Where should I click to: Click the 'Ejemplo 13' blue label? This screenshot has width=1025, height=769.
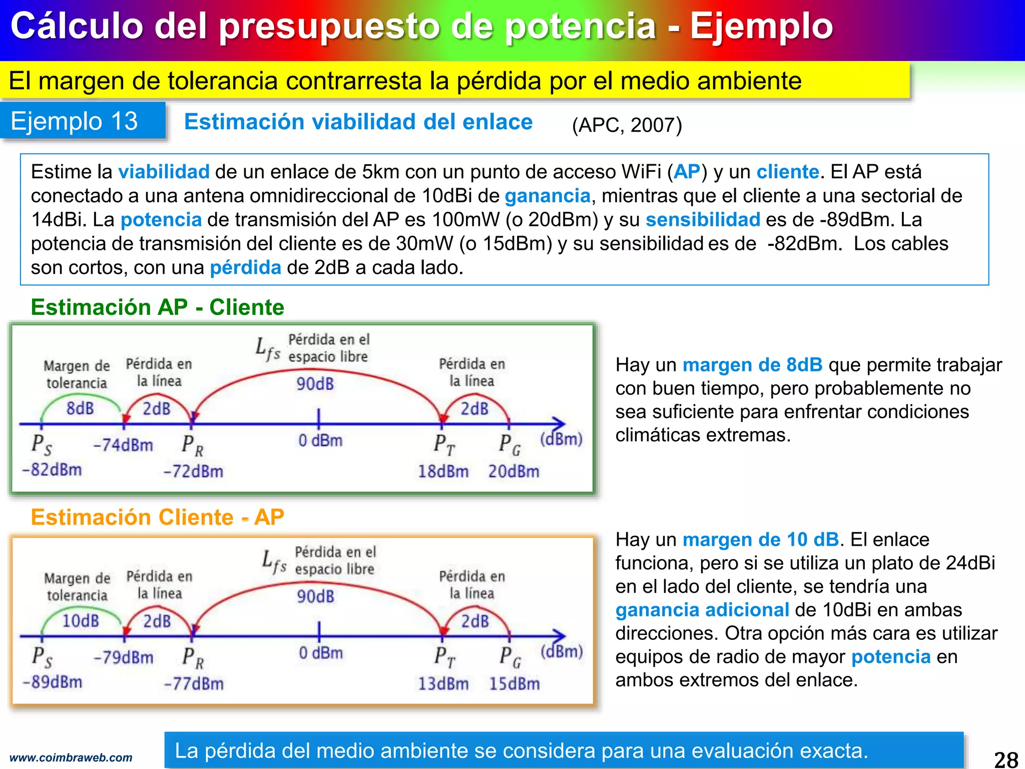[74, 121]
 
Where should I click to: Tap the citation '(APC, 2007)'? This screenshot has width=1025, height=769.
[627, 125]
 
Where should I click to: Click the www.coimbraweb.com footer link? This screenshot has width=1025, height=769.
[71, 757]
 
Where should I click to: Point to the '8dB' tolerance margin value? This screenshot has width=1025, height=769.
[80, 409]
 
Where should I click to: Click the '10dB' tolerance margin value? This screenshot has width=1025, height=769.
[81, 621]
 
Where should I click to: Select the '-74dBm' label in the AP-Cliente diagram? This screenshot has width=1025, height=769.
[123, 445]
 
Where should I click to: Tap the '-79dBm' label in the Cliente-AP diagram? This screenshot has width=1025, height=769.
[124, 657]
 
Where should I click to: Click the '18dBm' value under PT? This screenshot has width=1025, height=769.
[443, 471]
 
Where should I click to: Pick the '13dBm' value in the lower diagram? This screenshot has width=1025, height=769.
[443, 683]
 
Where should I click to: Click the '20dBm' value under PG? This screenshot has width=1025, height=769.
[514, 471]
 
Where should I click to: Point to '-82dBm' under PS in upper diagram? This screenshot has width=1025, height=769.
[52, 470]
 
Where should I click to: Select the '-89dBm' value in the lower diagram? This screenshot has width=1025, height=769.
[53, 682]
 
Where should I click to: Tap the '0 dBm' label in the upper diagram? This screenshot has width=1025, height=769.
[321, 441]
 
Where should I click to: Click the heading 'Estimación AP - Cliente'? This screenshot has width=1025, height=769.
[157, 307]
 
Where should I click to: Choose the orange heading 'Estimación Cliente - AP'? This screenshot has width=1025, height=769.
[157, 517]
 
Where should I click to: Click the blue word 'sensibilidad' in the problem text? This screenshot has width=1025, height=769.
[703, 220]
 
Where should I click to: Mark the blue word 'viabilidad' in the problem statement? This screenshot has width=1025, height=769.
[164, 172]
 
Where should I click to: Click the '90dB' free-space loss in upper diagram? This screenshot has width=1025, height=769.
[315, 384]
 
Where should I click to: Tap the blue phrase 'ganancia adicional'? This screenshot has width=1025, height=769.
[702, 610]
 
